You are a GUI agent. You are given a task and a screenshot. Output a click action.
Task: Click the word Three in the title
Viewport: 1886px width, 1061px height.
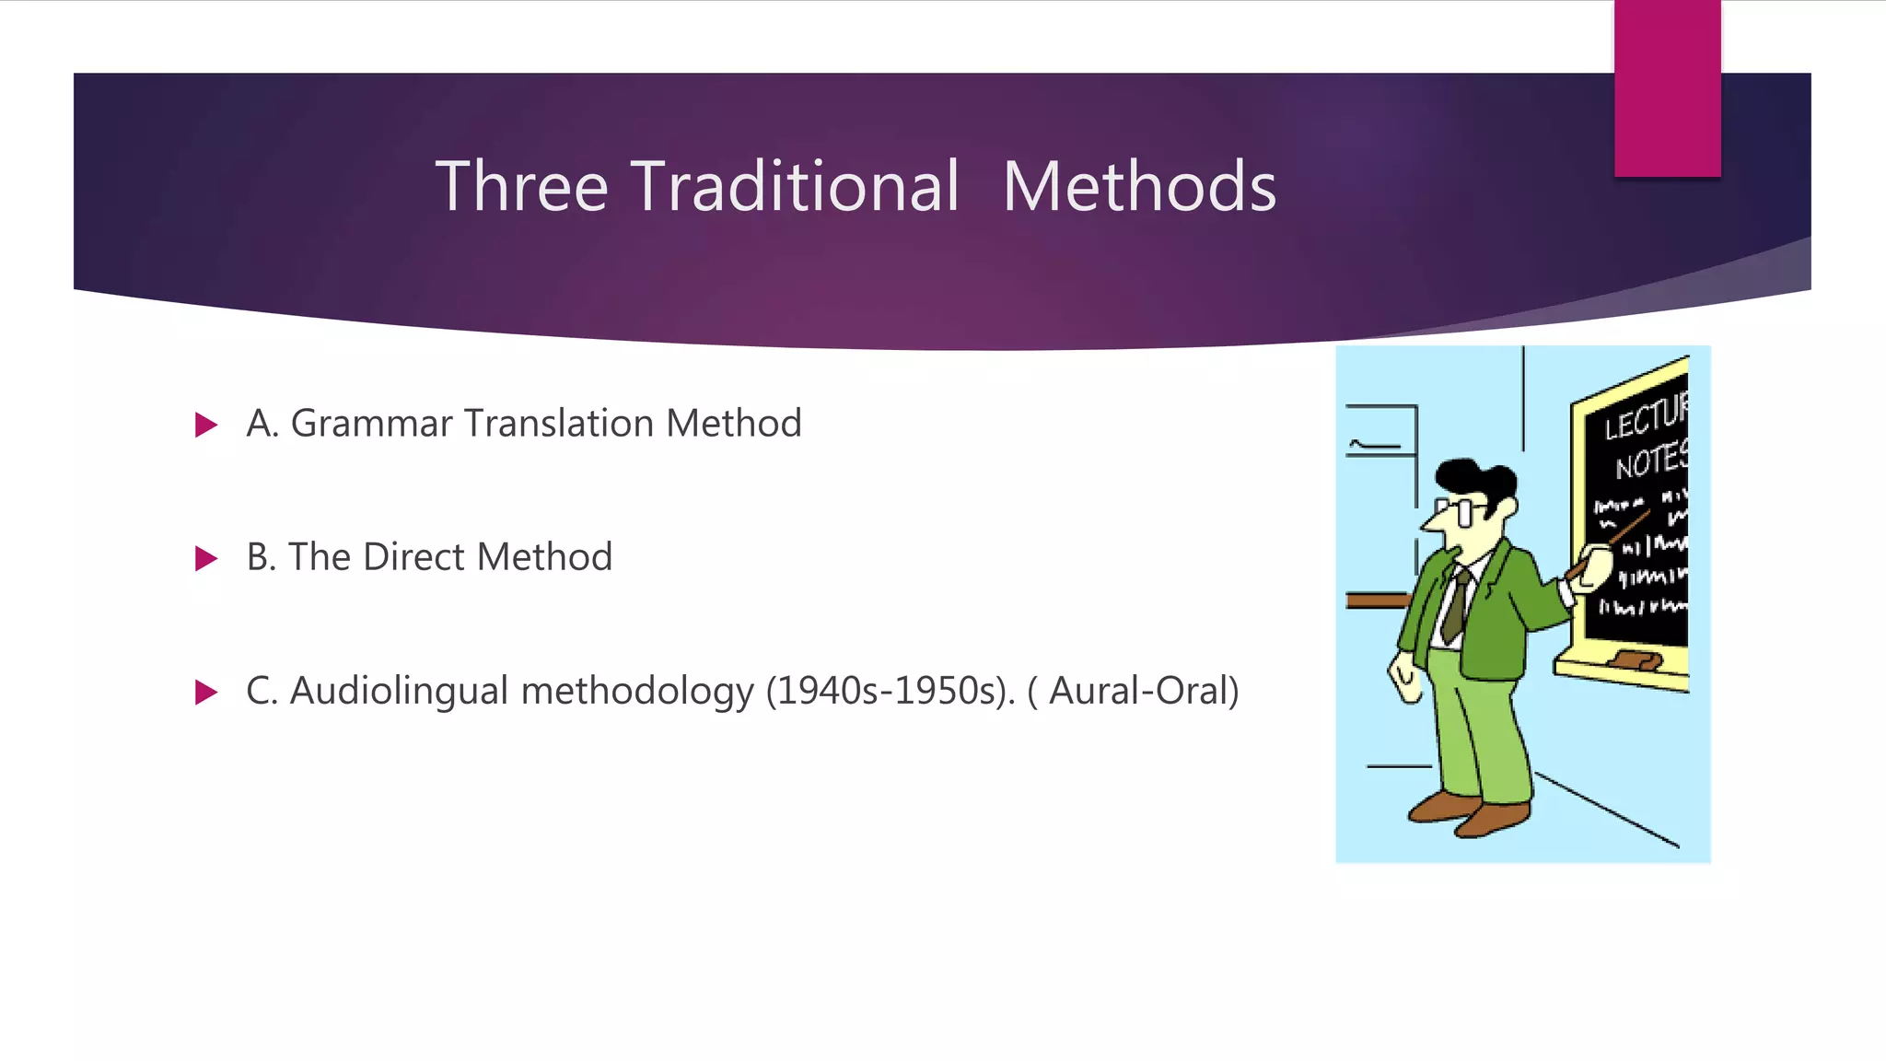[x=521, y=187]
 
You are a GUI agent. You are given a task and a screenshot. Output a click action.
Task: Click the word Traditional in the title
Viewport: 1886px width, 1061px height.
[x=797, y=187]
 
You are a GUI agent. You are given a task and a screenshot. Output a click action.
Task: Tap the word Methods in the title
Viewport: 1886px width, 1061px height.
[x=1139, y=187]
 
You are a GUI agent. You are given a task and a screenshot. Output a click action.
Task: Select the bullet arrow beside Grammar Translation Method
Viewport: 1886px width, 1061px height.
[x=206, y=425]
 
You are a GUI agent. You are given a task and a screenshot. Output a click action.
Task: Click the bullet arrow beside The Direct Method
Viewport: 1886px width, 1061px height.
[x=206, y=558]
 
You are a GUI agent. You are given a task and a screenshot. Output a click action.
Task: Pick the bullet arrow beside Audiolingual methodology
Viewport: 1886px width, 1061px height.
[x=206, y=692]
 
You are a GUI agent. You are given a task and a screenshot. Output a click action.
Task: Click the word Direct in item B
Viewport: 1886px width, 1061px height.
[x=415, y=557]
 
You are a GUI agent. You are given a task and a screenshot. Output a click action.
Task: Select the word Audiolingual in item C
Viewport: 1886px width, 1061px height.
[x=399, y=691]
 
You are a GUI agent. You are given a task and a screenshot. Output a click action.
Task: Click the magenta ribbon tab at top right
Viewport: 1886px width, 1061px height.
[x=1667, y=87]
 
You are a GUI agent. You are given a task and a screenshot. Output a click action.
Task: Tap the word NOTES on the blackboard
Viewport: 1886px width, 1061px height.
[x=1650, y=461]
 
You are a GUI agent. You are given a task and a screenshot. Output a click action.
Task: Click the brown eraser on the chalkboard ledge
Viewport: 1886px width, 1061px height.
[x=1636, y=659]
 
